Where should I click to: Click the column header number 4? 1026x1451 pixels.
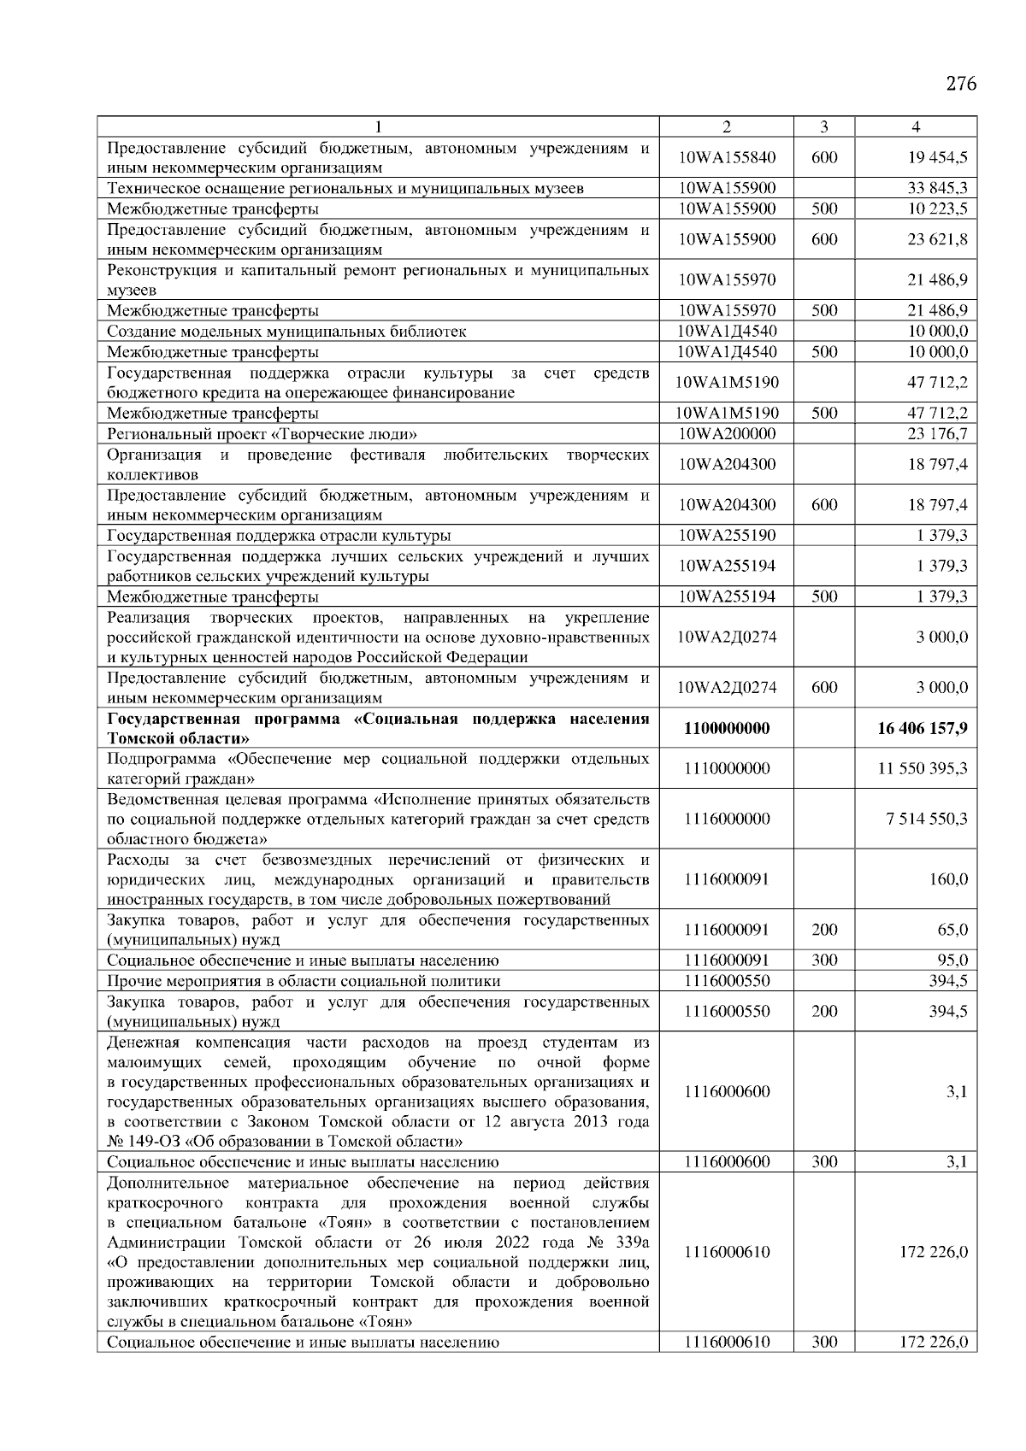point(916,127)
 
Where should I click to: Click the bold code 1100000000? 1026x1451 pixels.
point(727,728)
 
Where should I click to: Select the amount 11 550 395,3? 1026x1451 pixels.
point(923,768)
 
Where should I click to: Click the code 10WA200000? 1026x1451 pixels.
point(727,433)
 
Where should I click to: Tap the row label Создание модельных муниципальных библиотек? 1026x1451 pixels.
point(286,332)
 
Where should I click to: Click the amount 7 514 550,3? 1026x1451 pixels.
point(927,819)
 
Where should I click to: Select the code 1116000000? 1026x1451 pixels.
point(727,819)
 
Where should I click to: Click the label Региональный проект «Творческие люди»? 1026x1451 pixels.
point(262,433)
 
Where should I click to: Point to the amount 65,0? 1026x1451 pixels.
point(952,930)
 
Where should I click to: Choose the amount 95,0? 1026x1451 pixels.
point(952,960)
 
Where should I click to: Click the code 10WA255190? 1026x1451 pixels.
point(727,536)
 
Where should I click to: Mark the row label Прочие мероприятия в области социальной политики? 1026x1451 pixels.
point(304,981)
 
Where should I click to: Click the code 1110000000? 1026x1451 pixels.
point(727,768)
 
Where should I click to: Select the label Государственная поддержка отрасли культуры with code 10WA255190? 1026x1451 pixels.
point(279,536)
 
